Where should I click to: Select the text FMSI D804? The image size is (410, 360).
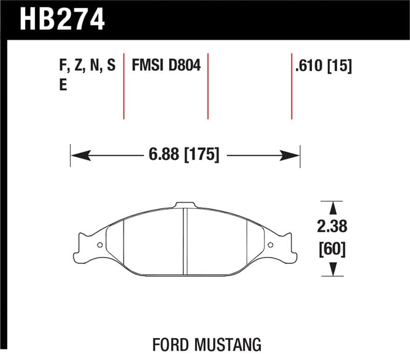click(166, 66)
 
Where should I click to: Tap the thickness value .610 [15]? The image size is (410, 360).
click(323, 66)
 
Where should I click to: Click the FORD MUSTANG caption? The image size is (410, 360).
click(207, 344)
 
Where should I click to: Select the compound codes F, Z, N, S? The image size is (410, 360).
click(88, 66)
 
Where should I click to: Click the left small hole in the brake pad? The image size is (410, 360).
click(100, 245)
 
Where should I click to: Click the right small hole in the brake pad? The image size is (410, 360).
click(271, 245)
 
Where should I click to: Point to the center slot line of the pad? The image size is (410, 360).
click(186, 241)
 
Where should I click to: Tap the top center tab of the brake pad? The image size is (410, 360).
click(186, 206)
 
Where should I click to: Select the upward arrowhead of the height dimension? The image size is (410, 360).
click(333, 208)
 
